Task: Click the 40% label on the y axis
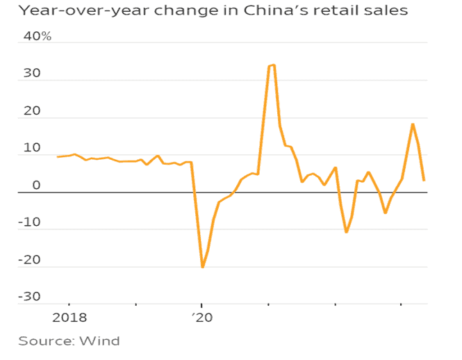point(38,36)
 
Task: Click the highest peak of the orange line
point(273,65)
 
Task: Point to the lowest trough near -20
point(202,267)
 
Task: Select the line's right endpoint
point(424,180)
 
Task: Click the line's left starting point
point(58,157)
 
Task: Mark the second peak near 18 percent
point(413,124)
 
